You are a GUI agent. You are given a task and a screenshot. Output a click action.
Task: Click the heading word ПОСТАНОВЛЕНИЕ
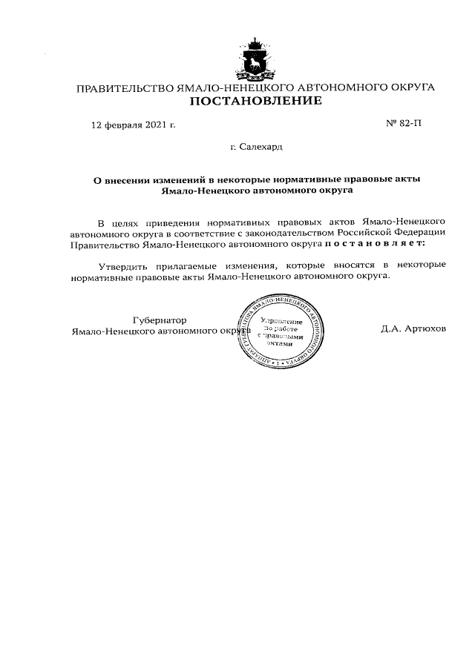tap(255, 101)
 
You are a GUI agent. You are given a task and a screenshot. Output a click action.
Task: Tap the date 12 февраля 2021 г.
tap(133, 125)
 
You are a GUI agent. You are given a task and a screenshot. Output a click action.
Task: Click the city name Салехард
tap(260, 147)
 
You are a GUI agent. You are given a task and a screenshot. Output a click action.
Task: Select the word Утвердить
tap(123, 265)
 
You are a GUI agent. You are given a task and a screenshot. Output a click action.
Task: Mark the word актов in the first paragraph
tap(339, 221)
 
